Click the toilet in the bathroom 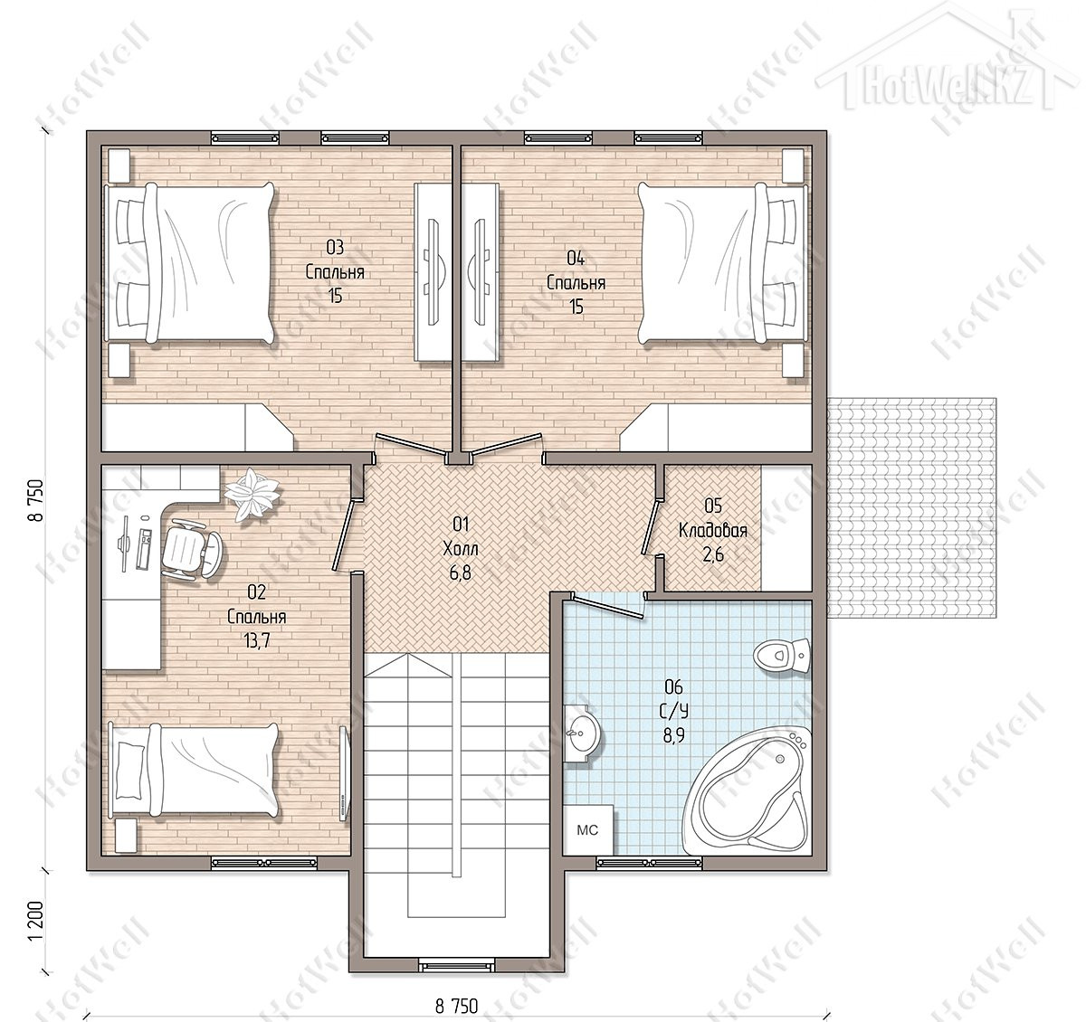click(x=781, y=654)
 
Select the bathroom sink click(x=581, y=734)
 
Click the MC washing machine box click(x=588, y=829)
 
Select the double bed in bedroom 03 click(x=189, y=263)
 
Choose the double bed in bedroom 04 click(x=723, y=263)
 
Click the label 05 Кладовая click(x=713, y=517)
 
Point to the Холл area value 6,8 click(x=461, y=573)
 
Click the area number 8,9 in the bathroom click(x=673, y=735)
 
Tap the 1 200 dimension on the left click(x=35, y=922)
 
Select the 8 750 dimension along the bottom click(x=457, y=1005)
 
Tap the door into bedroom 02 click(x=345, y=535)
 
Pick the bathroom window click(x=650, y=864)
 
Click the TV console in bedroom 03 click(x=433, y=271)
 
